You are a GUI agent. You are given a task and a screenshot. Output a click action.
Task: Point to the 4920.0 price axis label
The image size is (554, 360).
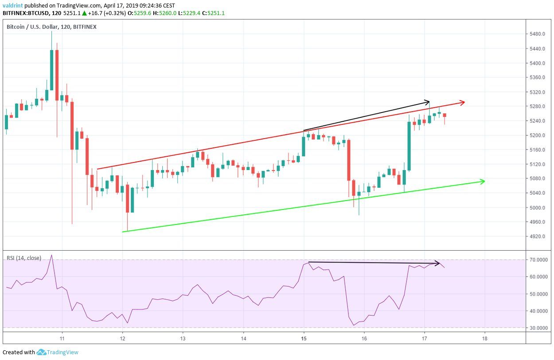pos(538,236)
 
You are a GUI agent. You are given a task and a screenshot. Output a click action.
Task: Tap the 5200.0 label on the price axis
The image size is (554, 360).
pos(538,135)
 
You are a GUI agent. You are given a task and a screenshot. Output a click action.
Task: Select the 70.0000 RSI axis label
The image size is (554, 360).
pos(539,259)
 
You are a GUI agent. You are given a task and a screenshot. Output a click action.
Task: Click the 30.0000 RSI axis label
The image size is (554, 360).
pos(539,328)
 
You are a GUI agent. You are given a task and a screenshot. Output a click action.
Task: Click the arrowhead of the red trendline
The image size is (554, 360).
pos(462,103)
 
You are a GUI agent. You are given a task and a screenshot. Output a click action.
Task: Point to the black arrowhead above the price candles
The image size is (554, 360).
pos(427,101)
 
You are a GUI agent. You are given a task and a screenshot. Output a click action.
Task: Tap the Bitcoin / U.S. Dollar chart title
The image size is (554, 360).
pos(51,27)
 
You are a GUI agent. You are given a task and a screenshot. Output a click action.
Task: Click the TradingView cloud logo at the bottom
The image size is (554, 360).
pos(41,352)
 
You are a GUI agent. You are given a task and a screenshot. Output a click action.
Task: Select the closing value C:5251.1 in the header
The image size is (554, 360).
pos(213,13)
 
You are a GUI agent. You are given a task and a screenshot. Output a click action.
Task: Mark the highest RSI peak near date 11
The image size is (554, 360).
pos(52,255)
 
